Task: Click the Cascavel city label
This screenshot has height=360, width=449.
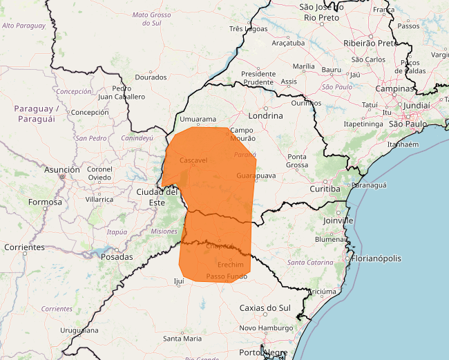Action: (193, 160)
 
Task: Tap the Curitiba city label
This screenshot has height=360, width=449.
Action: (325, 188)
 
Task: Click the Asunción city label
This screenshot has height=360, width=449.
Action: (62, 169)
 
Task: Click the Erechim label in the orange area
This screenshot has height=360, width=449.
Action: (230, 265)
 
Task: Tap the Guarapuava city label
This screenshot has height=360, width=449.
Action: (256, 176)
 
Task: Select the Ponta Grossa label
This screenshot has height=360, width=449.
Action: (298, 160)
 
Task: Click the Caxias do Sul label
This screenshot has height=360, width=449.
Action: (265, 307)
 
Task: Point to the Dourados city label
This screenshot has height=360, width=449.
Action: (151, 77)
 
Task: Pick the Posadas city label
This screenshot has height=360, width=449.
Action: (117, 256)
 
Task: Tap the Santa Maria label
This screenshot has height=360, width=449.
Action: (182, 339)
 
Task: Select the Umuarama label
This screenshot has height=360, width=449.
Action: (198, 120)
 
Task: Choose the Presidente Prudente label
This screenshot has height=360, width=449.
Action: (258, 77)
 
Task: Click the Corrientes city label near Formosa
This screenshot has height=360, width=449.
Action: (23, 247)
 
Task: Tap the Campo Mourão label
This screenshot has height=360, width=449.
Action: (242, 134)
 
